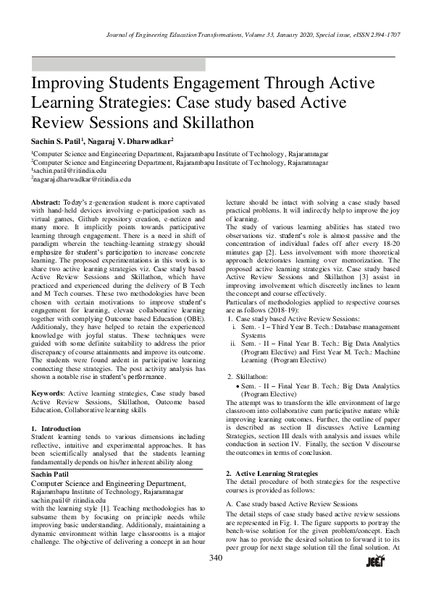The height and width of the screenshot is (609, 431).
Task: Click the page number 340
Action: coord(215,558)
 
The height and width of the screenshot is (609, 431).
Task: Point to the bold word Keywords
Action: coord(48,393)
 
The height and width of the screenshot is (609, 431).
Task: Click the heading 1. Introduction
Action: coord(57,428)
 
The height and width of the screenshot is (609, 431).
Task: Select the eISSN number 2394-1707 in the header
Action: coord(385,35)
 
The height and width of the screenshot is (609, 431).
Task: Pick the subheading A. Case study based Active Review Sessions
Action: coord(292,503)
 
